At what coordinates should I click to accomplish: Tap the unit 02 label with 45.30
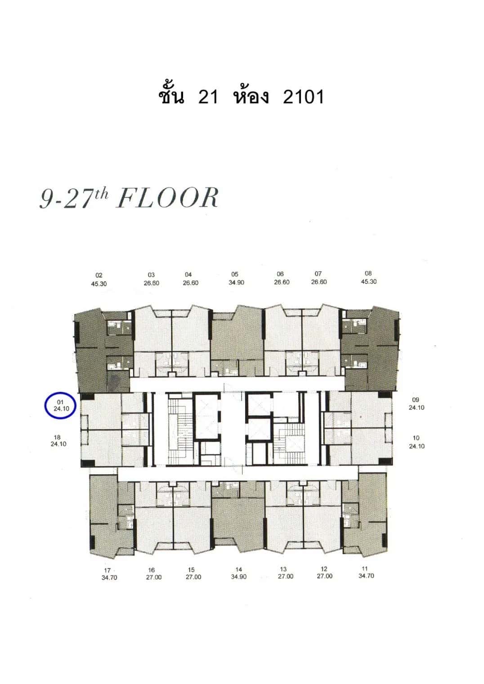coord(99,280)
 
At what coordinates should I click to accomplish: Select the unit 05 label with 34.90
coord(235,279)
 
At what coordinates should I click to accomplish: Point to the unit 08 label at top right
coord(368,277)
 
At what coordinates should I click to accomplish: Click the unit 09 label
coord(416,404)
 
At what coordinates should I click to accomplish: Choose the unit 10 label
coord(416,442)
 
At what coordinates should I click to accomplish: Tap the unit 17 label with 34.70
coord(109,574)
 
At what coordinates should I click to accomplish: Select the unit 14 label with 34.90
coord(238,573)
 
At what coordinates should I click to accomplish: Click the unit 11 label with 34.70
coord(366,572)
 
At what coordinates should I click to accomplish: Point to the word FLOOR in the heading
coord(167,198)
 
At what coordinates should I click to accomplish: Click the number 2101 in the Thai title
coord(303,96)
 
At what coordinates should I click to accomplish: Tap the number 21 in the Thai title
coord(208,96)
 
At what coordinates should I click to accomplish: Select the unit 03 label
coord(151,279)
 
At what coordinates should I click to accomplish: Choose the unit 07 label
coord(318,278)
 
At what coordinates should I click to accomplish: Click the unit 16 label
coord(153,573)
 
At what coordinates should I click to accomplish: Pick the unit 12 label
coord(324,572)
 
